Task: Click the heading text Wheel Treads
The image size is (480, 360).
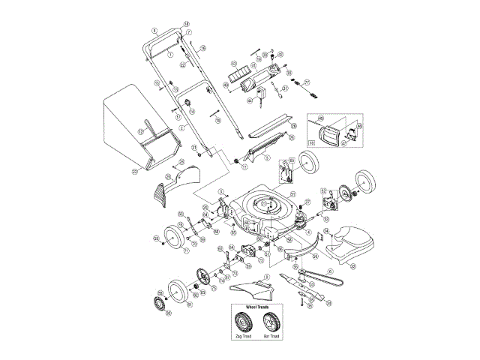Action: pos(256,308)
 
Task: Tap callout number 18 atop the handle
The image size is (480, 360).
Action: pos(186,25)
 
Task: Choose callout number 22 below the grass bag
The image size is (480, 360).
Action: pos(135,172)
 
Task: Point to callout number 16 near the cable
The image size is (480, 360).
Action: pos(202,49)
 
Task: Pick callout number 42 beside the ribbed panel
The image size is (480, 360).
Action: pos(233,64)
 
